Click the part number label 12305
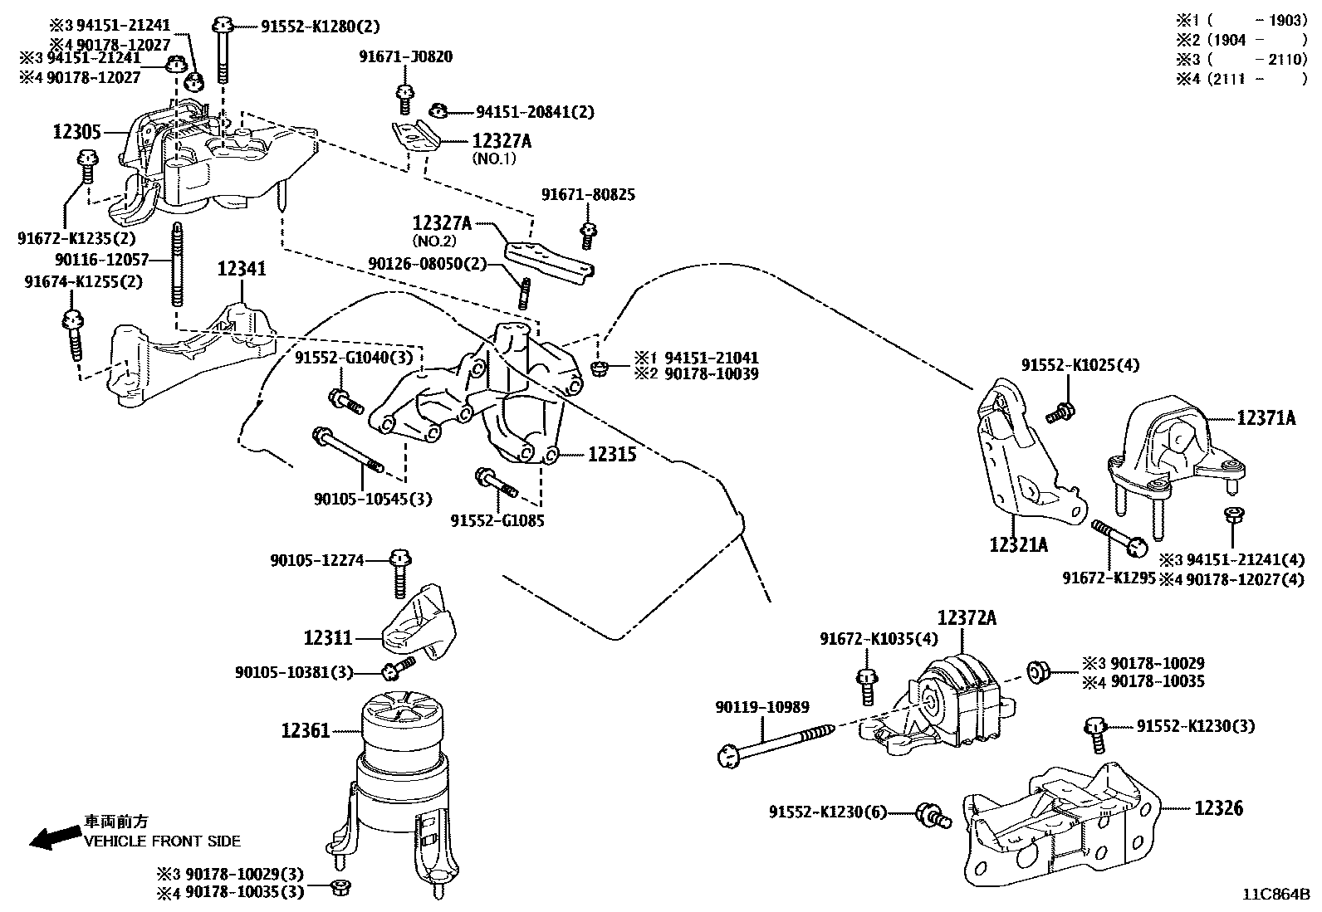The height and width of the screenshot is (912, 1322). pos(76,132)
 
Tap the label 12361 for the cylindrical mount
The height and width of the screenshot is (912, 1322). pos(306,731)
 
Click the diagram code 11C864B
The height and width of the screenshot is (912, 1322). pos(1275,895)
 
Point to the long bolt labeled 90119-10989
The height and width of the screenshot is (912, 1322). pos(781,742)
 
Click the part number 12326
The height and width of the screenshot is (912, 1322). pos(1219,807)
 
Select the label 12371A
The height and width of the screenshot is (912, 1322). pos(1266,419)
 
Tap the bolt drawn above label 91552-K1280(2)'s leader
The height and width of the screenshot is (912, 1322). pos(223,50)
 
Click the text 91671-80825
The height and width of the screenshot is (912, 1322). pos(588,195)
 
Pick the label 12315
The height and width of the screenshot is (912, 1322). pos(612,454)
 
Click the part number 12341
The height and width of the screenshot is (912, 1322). pos(242,269)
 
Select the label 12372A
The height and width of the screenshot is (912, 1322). pos(967,618)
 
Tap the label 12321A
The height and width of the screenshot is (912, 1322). pos(1018,545)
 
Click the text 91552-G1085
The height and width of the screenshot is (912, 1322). pos(497,521)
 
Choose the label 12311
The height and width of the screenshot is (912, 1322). pos(328,638)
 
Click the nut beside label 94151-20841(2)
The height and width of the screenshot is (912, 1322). pos(441,110)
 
